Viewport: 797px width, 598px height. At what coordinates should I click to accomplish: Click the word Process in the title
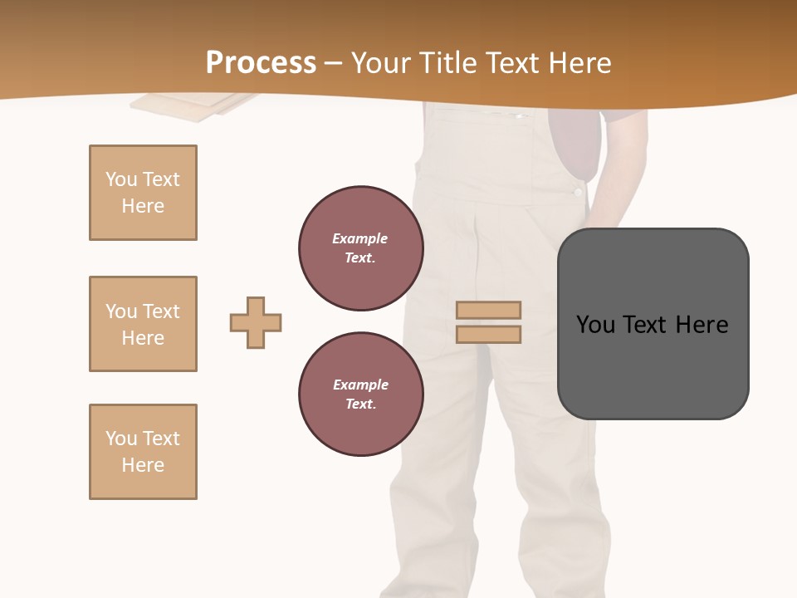261,62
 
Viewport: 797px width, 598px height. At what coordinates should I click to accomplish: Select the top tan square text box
143,193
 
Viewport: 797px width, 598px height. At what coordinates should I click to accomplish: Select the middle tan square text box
143,324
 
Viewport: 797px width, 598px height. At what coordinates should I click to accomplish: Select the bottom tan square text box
143,452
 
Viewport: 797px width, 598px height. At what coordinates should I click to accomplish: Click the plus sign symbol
256,322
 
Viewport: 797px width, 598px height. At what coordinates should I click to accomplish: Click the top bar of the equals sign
488,310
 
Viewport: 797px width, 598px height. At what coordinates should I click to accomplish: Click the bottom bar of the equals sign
488,334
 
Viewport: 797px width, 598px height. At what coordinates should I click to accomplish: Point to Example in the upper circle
360,238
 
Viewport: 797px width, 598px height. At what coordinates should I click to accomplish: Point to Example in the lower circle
360,385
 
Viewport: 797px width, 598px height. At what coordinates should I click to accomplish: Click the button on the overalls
578,192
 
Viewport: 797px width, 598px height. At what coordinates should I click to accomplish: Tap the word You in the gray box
596,325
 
